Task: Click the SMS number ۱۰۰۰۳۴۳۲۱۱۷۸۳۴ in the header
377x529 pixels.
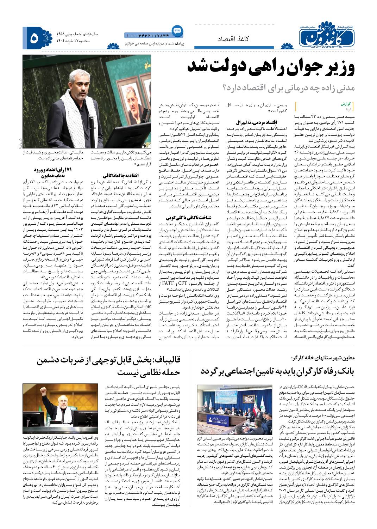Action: coord(147,36)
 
